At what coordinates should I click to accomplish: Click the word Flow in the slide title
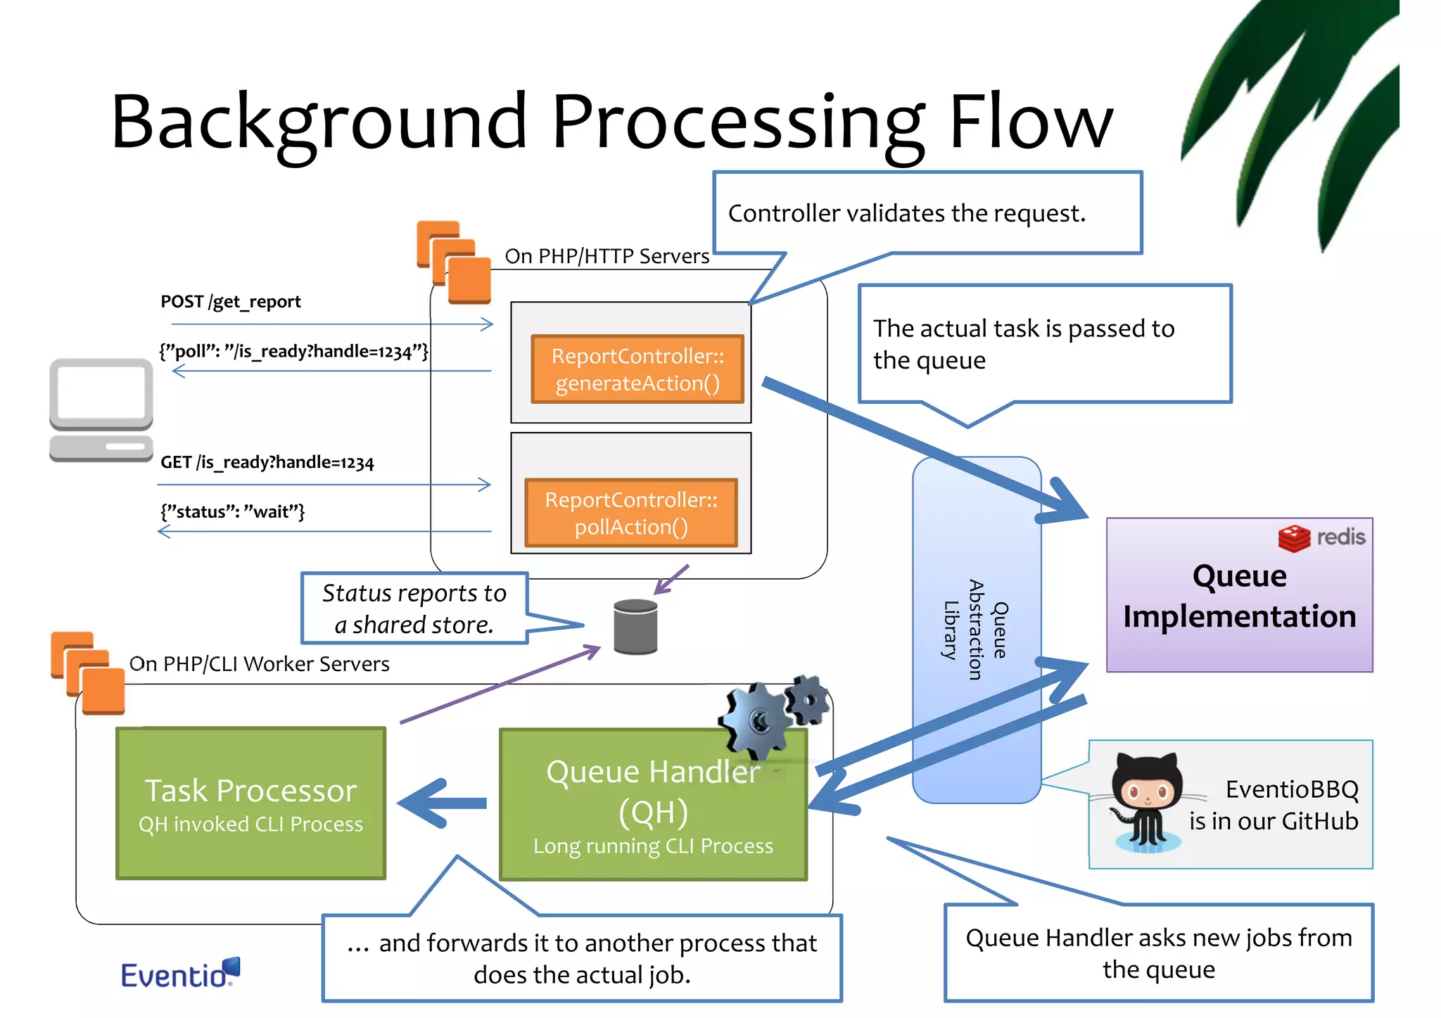pyautogui.click(x=1031, y=123)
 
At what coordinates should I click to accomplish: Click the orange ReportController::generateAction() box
pyautogui.click(x=637, y=369)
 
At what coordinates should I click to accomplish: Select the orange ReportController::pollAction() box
pyautogui.click(x=630, y=513)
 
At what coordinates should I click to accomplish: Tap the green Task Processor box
pyautogui.click(x=250, y=803)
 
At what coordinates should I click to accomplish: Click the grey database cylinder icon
pyautogui.click(x=635, y=626)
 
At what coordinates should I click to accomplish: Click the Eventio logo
pyautogui.click(x=179, y=974)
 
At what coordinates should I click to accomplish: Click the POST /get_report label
pyautogui.click(x=230, y=302)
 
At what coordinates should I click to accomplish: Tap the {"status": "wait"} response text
pyautogui.click(x=232, y=511)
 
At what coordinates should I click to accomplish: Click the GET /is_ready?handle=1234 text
pyautogui.click(x=267, y=462)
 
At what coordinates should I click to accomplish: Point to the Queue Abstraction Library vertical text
pyautogui.click(x=975, y=630)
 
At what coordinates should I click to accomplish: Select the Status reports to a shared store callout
pyautogui.click(x=414, y=609)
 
